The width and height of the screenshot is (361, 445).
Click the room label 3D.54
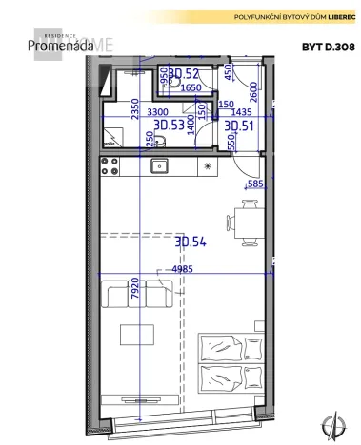pyautogui.click(x=191, y=242)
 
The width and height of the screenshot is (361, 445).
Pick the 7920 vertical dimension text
pyautogui.click(x=137, y=287)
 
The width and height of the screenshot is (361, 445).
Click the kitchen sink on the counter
pyautogui.click(x=160, y=166)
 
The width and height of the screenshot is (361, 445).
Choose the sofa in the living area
pyautogui.click(x=137, y=299)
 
